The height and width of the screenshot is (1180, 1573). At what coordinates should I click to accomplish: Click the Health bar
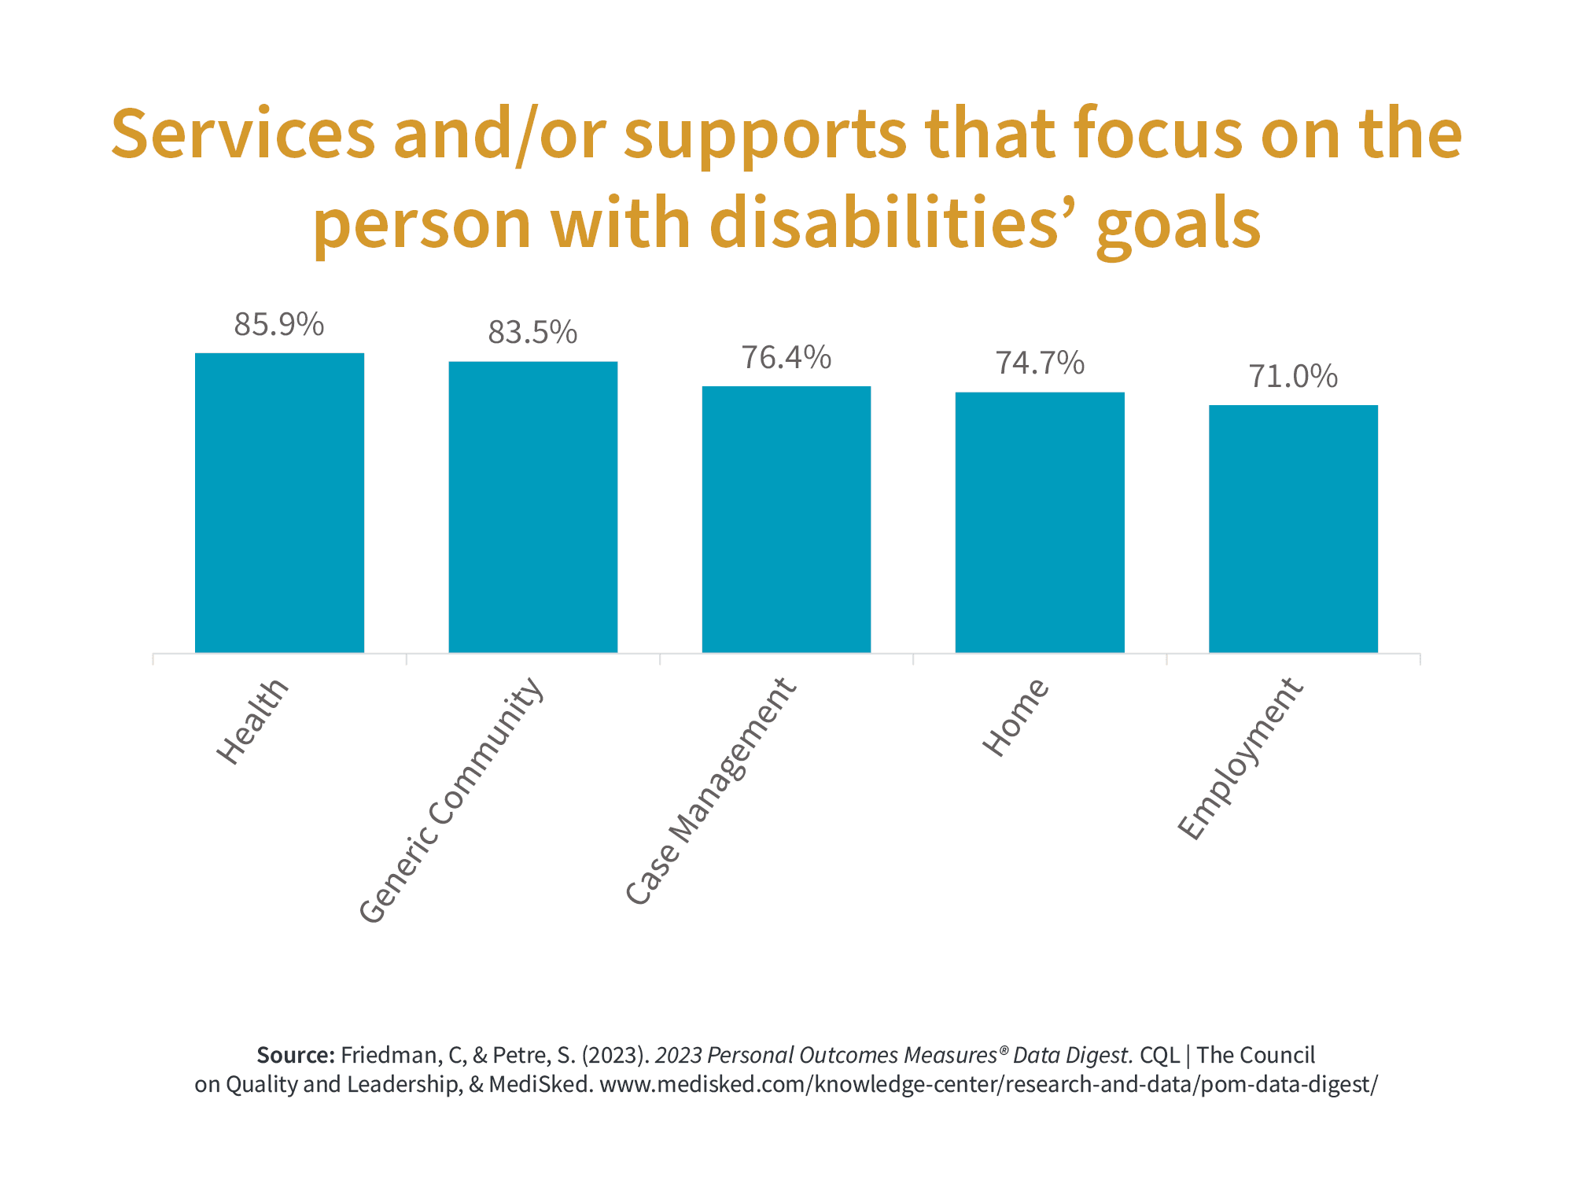[x=279, y=503]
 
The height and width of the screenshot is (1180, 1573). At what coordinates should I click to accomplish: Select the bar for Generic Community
[x=532, y=507]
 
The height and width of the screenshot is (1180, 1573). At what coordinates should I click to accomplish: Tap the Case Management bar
[x=786, y=519]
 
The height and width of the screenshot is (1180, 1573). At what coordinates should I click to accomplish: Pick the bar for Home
[x=1040, y=523]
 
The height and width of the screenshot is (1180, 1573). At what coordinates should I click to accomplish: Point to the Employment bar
[x=1293, y=529]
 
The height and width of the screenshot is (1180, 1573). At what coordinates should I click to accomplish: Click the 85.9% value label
[x=279, y=325]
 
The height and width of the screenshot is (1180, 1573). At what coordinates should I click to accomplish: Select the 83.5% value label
[x=532, y=333]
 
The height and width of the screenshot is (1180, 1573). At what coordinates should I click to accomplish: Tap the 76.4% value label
[x=786, y=358]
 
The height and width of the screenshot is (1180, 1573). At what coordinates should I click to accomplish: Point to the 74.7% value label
[x=1040, y=363]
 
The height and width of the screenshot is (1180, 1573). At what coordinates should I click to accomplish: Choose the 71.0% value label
[x=1293, y=377]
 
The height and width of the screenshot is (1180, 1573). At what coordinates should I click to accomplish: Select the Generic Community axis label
[x=451, y=799]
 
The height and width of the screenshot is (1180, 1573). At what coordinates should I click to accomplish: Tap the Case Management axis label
[x=711, y=791]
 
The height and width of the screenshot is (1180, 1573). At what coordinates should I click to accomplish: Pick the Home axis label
[x=1015, y=717]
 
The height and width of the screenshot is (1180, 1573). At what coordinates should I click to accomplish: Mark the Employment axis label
[x=1240, y=759]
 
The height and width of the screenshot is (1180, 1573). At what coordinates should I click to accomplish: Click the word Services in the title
[x=243, y=134]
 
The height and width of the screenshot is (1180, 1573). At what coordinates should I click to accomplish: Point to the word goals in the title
[x=1178, y=224]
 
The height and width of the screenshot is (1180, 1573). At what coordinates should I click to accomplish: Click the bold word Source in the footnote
[x=295, y=1055]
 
